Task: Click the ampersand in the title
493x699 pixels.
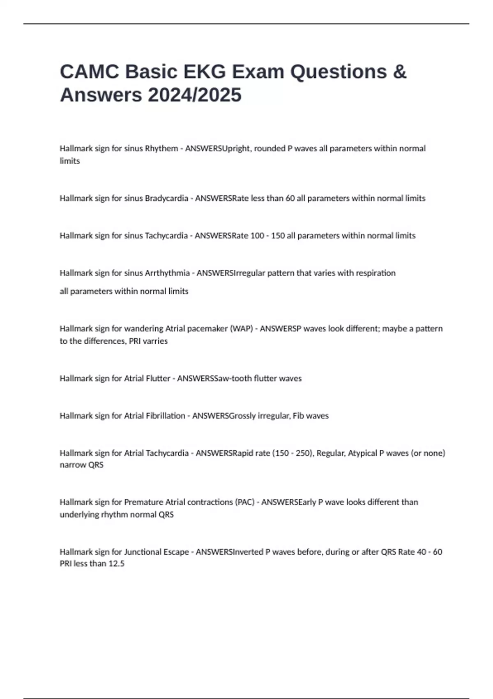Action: [x=399, y=72]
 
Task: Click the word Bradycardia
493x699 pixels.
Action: [x=166, y=198]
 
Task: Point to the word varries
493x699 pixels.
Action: [x=155, y=341]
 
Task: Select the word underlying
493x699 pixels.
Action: [x=78, y=514]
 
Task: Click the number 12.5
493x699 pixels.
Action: [x=116, y=564]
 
